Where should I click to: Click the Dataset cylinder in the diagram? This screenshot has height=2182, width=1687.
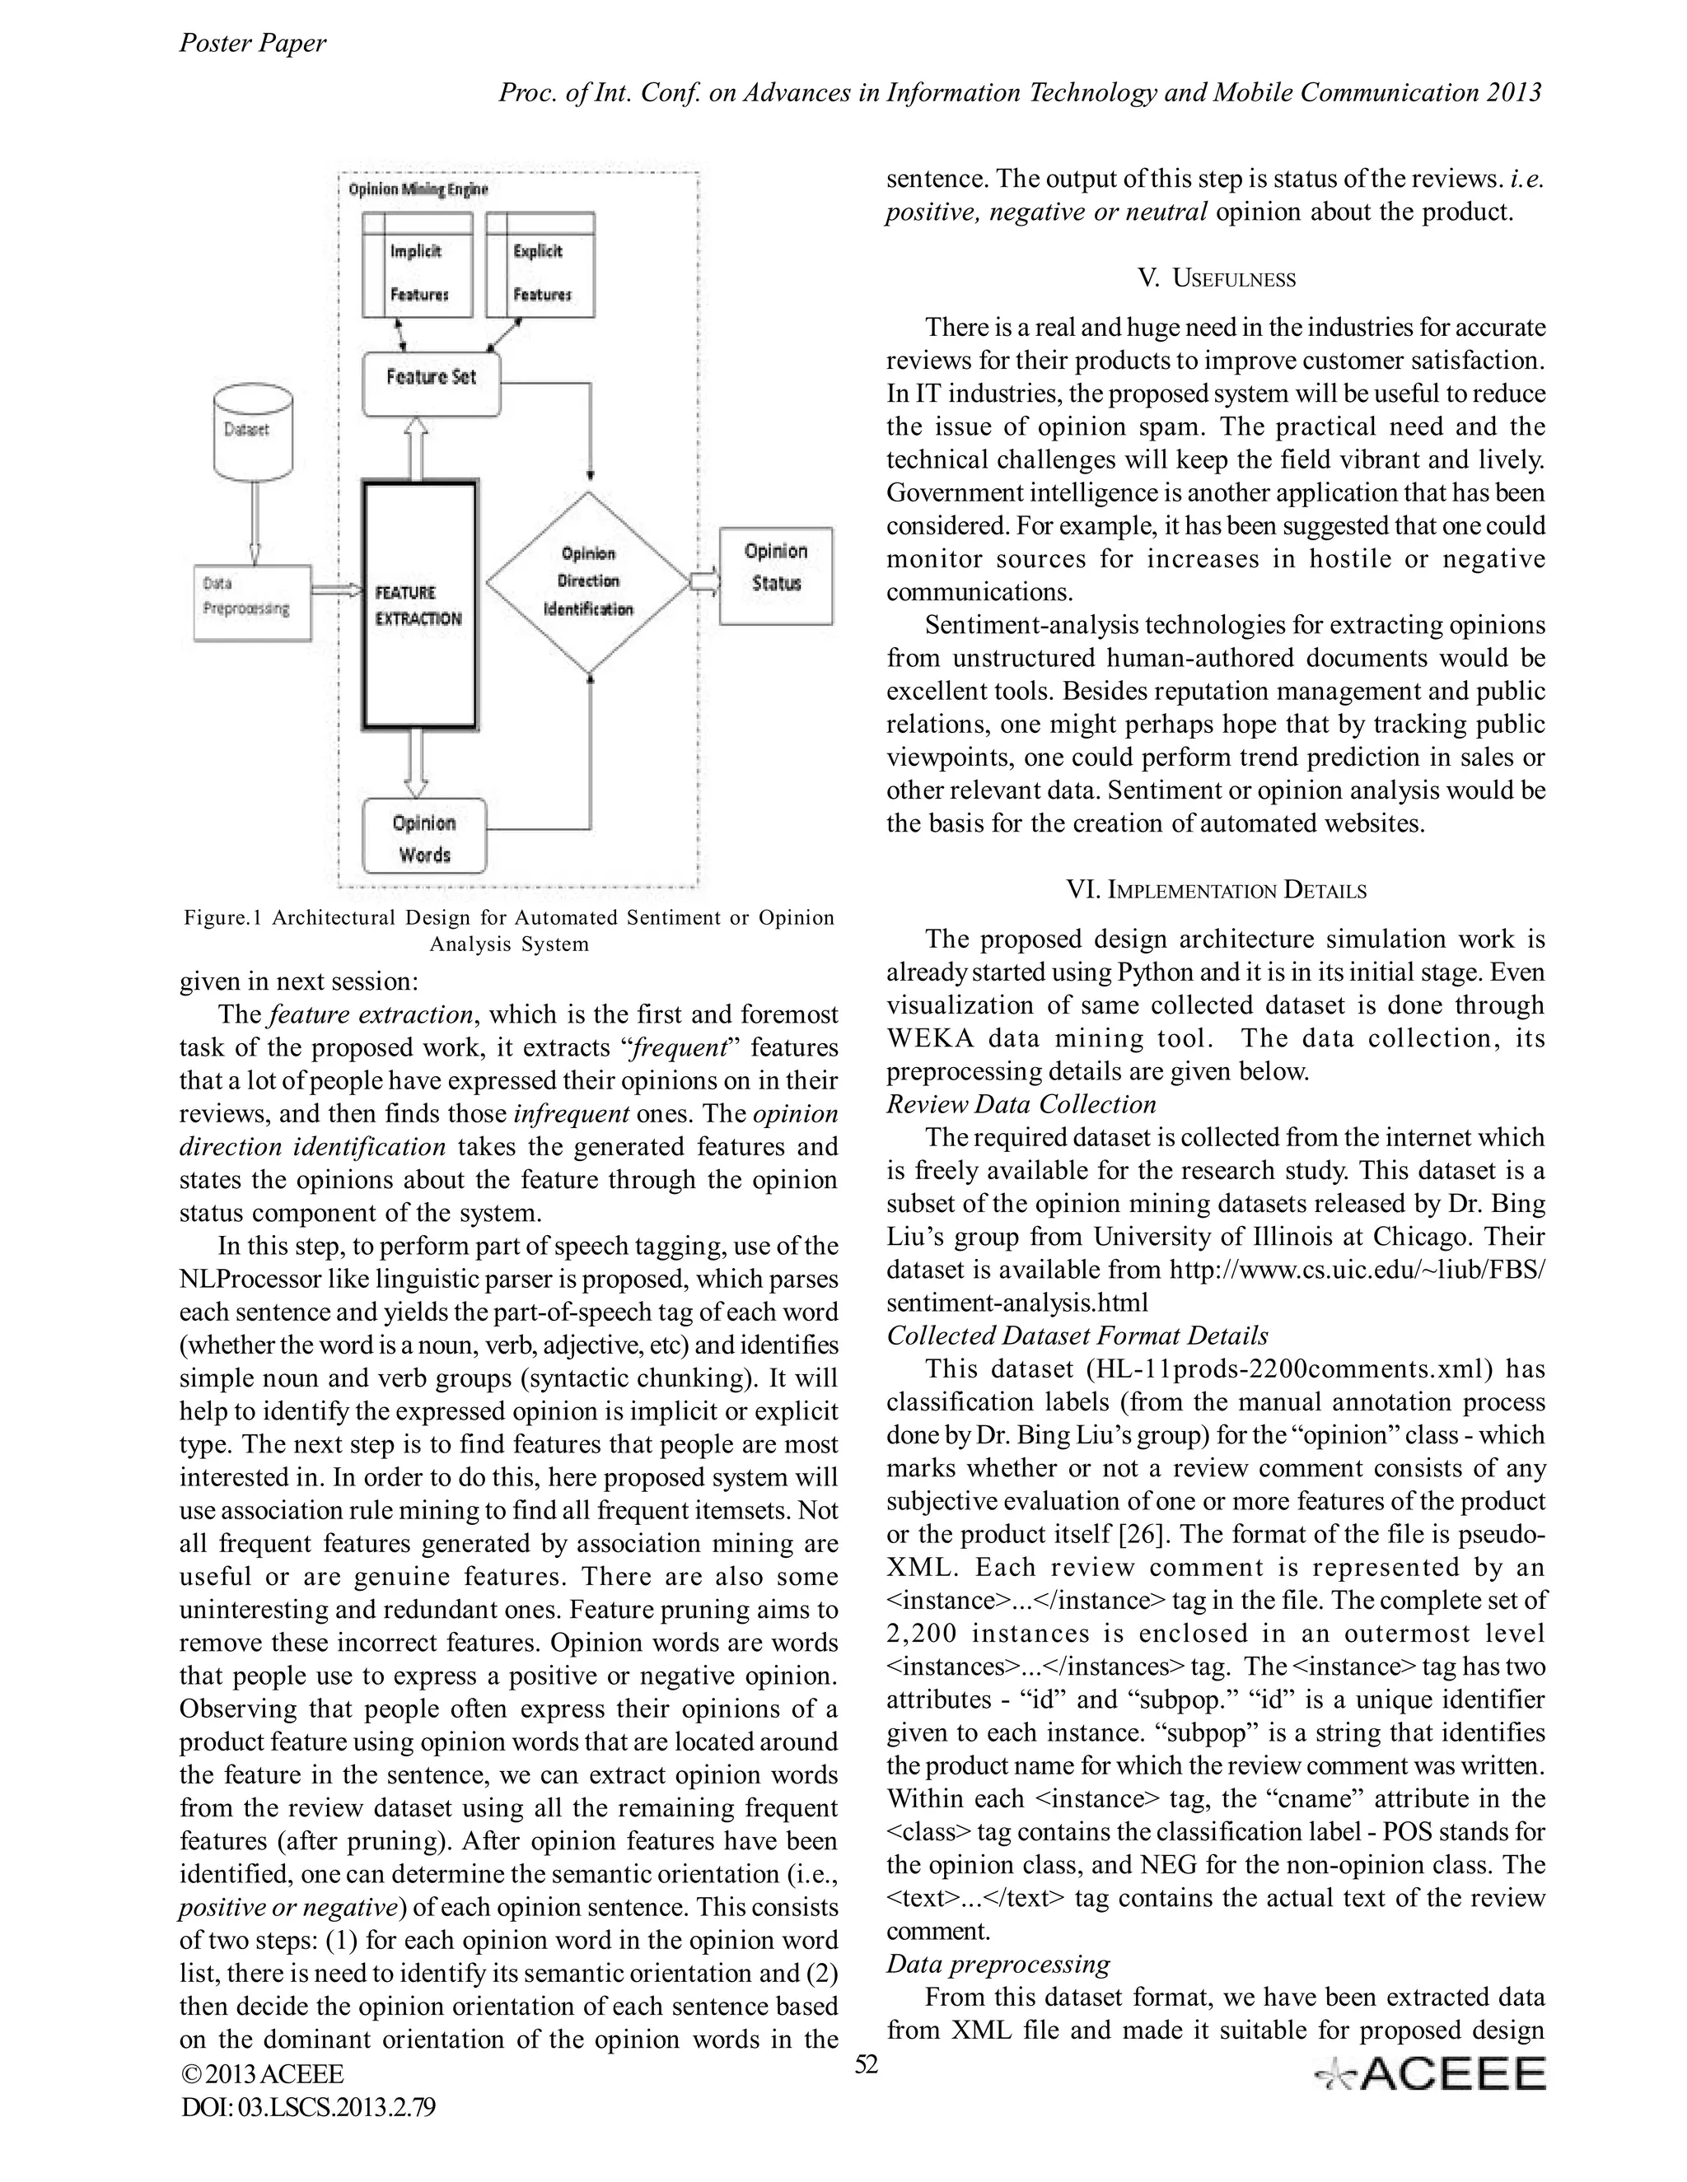coord(254,431)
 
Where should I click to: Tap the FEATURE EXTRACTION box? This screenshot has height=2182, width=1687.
coord(418,605)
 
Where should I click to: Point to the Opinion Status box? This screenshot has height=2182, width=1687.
coord(775,576)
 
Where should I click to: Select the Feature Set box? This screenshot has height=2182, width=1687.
coord(431,384)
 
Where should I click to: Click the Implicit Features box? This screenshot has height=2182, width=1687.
coord(417,265)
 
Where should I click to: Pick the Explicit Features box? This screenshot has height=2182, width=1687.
coord(540,265)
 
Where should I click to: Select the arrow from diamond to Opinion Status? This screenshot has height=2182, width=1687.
coord(704,580)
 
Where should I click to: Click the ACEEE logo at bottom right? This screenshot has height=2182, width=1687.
coord(1430,2075)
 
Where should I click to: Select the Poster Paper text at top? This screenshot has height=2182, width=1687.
coord(252,43)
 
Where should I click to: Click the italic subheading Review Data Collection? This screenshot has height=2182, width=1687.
coord(1021,1104)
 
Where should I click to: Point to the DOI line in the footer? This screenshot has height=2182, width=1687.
coord(308,2107)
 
